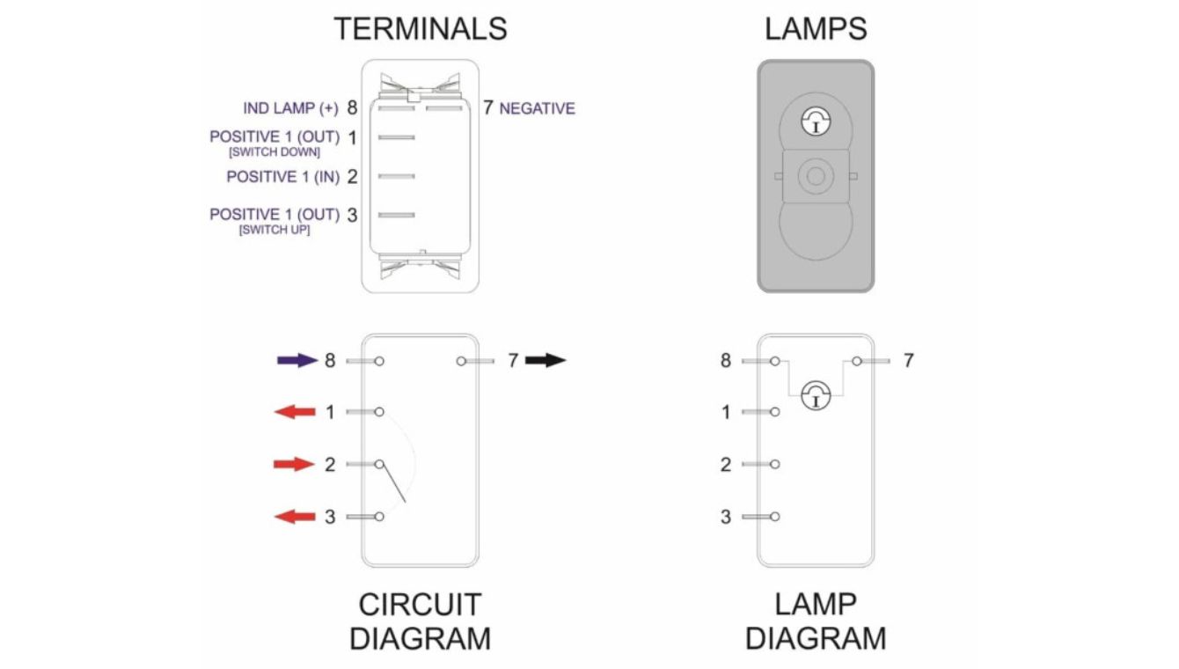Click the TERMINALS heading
[420, 28]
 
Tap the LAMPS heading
[815, 28]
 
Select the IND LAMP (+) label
[290, 108]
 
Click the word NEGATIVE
[537, 109]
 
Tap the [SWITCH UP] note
[274, 231]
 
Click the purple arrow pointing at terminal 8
[297, 360]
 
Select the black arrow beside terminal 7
[546, 360]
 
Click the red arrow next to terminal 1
[294, 412]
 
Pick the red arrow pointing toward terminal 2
[294, 464]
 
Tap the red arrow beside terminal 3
[294, 517]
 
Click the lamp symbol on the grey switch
[816, 122]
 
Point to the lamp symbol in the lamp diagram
[816, 395]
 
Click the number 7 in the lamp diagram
[909, 360]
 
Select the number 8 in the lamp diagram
[726, 360]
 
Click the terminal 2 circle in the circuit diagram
[379, 464]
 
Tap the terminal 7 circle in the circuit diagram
[461, 361]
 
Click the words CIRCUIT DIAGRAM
[420, 621]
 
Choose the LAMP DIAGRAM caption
[815, 621]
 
